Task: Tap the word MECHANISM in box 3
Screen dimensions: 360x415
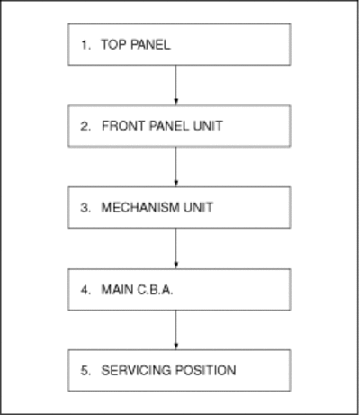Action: (x=140, y=207)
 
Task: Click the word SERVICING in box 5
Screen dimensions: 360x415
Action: (x=136, y=370)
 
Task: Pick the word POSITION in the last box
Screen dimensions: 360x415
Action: (x=206, y=370)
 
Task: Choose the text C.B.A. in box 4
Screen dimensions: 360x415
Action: (x=155, y=290)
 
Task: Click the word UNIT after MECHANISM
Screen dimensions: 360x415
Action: (x=198, y=207)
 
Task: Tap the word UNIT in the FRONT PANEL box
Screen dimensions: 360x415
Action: (x=208, y=126)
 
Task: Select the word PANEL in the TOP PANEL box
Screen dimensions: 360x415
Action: (x=150, y=44)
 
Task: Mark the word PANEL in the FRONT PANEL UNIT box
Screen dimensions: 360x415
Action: (x=169, y=126)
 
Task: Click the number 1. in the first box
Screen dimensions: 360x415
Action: (x=85, y=45)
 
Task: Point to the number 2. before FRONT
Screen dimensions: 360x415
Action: (x=85, y=126)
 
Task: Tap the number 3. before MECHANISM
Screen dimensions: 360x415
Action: (x=85, y=208)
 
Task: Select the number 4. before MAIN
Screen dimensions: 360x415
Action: (x=85, y=290)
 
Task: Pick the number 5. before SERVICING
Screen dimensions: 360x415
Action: (x=85, y=371)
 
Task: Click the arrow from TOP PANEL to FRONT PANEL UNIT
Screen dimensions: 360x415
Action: (x=176, y=85)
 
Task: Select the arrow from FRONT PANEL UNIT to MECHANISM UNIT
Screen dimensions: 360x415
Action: (x=176, y=167)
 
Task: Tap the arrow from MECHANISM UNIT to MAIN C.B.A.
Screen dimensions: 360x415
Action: (x=176, y=248)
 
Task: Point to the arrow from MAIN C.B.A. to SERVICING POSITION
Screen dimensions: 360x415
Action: (x=176, y=329)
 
